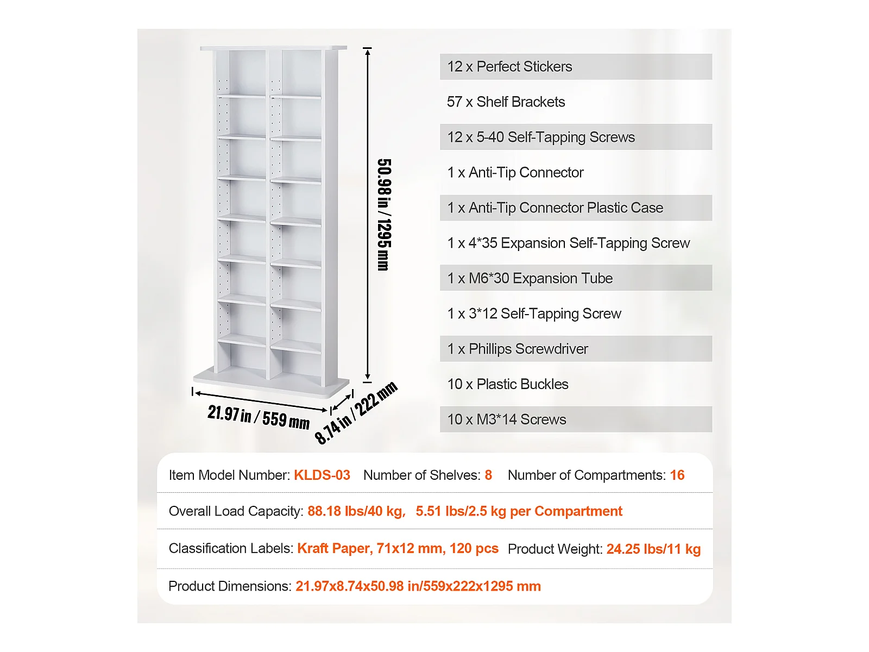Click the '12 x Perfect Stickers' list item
[x=509, y=67]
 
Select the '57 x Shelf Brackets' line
[x=506, y=102]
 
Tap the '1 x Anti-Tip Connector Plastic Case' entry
[x=555, y=208]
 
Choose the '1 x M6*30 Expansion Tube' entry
[x=530, y=279]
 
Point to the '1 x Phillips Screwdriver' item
[x=518, y=349]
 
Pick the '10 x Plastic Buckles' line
[x=508, y=384]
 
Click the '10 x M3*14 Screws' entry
[x=507, y=419]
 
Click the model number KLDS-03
[x=322, y=475]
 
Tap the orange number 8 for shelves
[x=488, y=475]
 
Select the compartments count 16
[x=677, y=475]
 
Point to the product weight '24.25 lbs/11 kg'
[x=653, y=549]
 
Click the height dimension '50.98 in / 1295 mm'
[x=384, y=215]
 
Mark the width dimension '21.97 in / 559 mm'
[x=259, y=417]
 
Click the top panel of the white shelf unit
[x=273, y=48]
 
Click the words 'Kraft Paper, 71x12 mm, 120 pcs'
[x=398, y=549]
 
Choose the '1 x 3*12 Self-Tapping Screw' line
[x=534, y=314]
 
